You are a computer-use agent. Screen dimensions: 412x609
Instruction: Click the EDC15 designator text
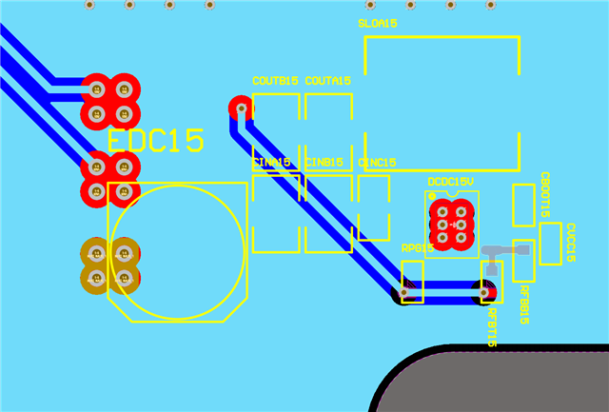click(x=155, y=141)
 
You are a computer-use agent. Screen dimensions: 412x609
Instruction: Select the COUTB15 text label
click(x=275, y=81)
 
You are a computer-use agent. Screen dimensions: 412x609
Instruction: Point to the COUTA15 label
click(x=327, y=81)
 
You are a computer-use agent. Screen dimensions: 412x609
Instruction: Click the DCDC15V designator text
click(x=450, y=181)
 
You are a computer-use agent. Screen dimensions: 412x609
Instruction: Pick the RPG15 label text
click(x=417, y=248)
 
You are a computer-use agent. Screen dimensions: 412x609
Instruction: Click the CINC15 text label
click(x=377, y=163)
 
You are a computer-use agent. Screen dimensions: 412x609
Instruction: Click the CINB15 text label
click(x=324, y=163)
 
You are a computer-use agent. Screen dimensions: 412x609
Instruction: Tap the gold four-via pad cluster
click(x=109, y=265)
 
